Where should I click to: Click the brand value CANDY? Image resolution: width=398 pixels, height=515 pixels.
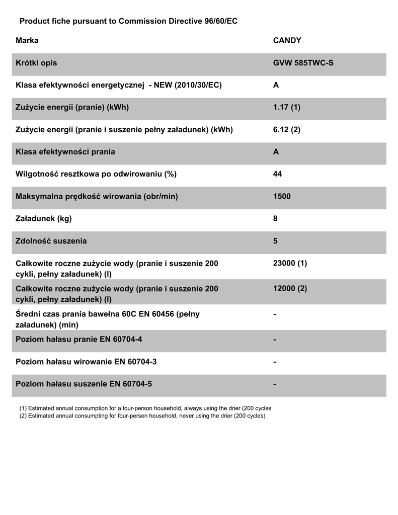(287, 41)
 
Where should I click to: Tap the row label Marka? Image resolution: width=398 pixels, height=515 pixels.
(27, 41)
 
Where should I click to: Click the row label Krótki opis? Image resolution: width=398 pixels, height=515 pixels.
(36, 63)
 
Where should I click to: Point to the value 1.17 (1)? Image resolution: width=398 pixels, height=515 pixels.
(286, 107)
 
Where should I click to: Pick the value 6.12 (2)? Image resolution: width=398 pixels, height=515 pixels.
(286, 129)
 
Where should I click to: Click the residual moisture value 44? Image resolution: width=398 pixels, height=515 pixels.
(277, 174)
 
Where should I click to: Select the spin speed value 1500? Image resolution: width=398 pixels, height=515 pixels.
(282, 196)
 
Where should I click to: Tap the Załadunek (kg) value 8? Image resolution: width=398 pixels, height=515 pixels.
(275, 219)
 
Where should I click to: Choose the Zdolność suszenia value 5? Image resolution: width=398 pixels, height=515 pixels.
(275, 241)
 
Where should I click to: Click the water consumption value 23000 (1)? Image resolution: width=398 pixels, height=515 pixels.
(290, 264)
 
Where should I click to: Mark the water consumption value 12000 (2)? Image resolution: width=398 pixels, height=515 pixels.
(290, 289)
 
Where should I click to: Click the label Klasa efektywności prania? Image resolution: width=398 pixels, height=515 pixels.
(65, 151)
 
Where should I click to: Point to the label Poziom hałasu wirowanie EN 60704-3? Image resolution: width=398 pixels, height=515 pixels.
(90, 362)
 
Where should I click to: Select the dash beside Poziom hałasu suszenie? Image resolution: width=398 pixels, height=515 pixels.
(275, 384)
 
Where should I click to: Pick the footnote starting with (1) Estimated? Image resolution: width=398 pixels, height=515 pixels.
(145, 408)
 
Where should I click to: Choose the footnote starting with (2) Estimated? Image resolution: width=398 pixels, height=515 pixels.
(142, 416)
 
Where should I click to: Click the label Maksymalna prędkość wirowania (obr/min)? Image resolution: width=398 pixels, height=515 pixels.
(97, 196)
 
